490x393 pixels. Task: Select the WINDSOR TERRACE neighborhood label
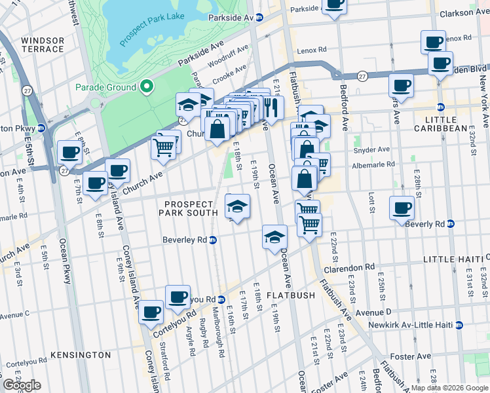pyautogui.click(x=43, y=45)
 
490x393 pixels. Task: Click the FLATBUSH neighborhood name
pyautogui.click(x=291, y=295)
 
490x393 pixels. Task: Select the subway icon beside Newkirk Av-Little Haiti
pyautogui.click(x=459, y=324)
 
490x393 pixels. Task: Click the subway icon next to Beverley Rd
pyautogui.click(x=212, y=240)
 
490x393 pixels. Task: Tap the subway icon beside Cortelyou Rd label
pyautogui.click(x=221, y=299)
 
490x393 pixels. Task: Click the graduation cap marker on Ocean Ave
pyautogui.click(x=274, y=236)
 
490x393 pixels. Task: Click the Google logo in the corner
pyautogui.click(x=22, y=385)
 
